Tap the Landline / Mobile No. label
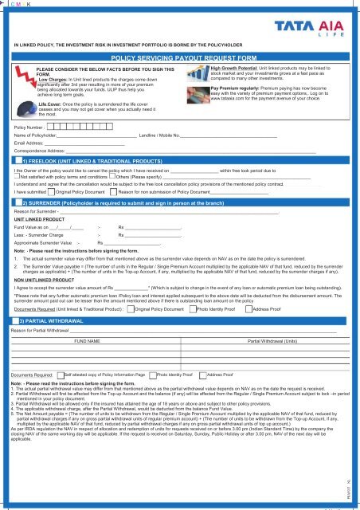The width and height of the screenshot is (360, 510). coord(158,135)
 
